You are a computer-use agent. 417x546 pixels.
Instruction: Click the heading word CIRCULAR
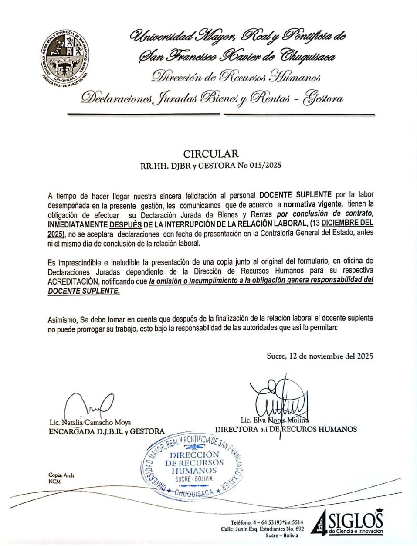(211, 154)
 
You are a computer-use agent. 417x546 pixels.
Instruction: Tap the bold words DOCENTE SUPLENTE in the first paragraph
(295, 195)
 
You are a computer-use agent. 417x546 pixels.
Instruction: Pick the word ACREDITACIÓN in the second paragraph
(72, 281)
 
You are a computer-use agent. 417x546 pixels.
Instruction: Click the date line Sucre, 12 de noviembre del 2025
(319, 356)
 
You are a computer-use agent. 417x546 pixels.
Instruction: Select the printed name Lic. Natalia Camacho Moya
(90, 422)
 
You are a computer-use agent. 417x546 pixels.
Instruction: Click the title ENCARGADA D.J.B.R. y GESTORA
(106, 431)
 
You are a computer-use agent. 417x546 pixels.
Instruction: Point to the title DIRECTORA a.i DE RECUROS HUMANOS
(285, 429)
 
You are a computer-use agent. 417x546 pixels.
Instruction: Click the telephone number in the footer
(267, 522)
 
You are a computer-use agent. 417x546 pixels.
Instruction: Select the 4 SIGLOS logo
(348, 522)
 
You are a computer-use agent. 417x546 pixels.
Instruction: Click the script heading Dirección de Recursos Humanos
(236, 77)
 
